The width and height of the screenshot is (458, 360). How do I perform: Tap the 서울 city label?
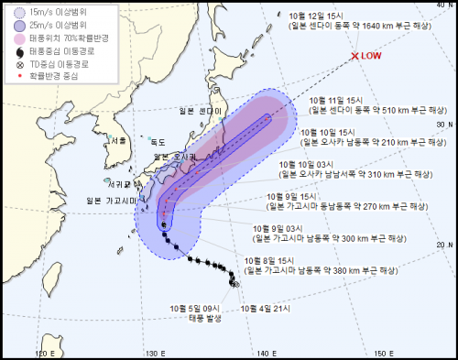coord(115,140)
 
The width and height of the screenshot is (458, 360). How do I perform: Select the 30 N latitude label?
coord(445,125)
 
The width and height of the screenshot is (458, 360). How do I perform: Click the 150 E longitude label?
coord(386,353)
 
